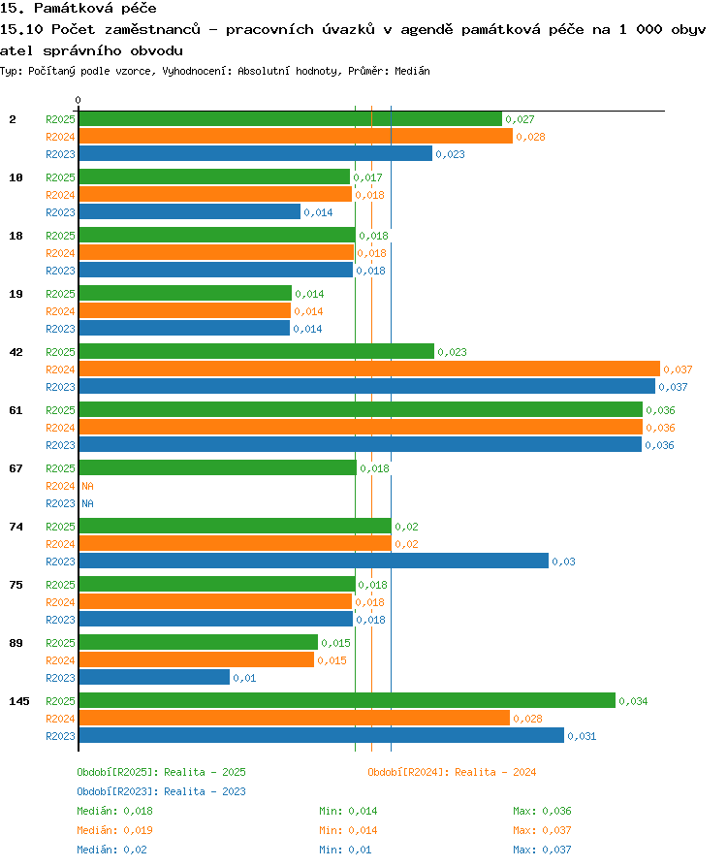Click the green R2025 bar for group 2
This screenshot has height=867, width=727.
click(x=290, y=119)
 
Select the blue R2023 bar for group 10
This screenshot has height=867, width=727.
click(x=190, y=211)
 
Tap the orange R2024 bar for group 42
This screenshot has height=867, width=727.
click(x=369, y=369)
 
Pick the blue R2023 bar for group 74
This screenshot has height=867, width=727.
click(x=313, y=561)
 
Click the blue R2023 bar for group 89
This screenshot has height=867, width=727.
click(x=154, y=677)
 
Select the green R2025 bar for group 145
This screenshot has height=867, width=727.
click(x=347, y=700)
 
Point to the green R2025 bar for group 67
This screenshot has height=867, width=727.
click(x=218, y=467)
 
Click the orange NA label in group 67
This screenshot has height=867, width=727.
click(x=88, y=486)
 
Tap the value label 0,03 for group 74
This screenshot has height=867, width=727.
click(x=563, y=562)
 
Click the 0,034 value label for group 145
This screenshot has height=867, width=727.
click(x=633, y=701)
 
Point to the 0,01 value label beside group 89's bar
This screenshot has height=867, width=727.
click(x=244, y=678)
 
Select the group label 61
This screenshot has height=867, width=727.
click(x=16, y=410)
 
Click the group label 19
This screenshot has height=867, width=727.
click(x=16, y=294)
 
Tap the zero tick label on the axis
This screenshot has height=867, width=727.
click(x=78, y=100)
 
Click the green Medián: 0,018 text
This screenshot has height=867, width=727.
click(x=115, y=811)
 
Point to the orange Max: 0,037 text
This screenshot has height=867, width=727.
click(x=542, y=830)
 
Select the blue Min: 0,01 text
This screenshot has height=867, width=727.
click(x=345, y=850)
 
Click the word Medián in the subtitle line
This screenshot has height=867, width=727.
click(x=412, y=71)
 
